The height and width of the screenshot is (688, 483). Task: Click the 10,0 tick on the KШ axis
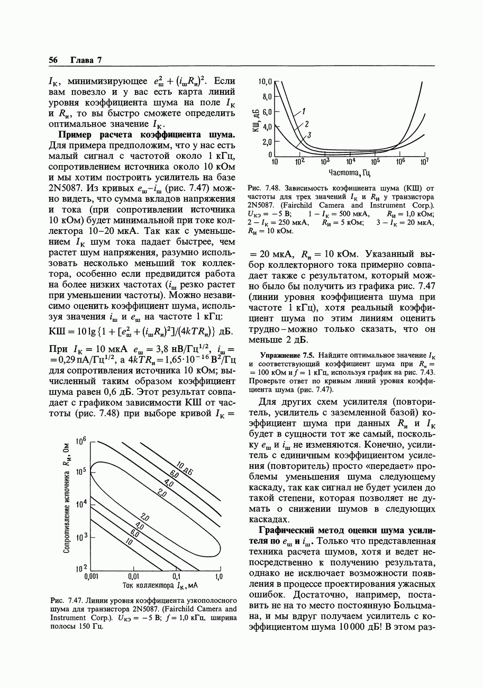pyautogui.click(x=265, y=82)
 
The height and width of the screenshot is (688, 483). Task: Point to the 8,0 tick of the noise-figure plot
pyautogui.click(x=266, y=97)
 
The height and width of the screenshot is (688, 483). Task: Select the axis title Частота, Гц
pyautogui.click(x=349, y=173)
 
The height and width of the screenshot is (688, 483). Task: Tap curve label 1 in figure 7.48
pyautogui.click(x=304, y=112)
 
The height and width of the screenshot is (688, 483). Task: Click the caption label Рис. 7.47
pyautogui.click(x=63, y=601)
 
